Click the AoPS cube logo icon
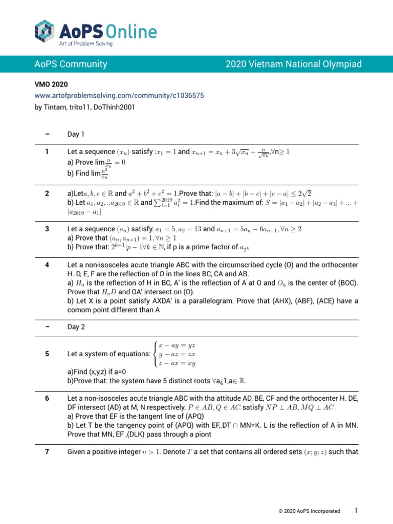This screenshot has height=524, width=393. click(x=45, y=32)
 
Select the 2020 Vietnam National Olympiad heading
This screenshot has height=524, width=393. click(x=294, y=64)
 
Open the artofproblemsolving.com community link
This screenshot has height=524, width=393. click(x=120, y=95)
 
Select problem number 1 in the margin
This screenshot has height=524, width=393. click(x=47, y=152)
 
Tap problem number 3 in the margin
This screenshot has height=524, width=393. click(x=47, y=229)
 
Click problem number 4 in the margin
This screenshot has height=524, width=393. click(x=47, y=265)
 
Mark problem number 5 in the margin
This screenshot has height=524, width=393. click(x=47, y=354)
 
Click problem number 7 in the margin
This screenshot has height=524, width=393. click(x=47, y=452)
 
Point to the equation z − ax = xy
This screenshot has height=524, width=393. click(x=177, y=363)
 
